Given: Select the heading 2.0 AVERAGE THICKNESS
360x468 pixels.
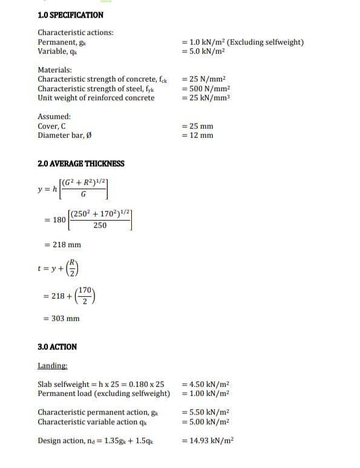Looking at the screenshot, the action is [80, 163].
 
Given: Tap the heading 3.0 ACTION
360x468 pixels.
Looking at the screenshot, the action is [57, 347].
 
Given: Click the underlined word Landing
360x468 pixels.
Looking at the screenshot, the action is [53, 366].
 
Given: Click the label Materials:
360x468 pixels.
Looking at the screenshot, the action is [54, 70].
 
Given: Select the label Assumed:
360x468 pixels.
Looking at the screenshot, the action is [54, 117].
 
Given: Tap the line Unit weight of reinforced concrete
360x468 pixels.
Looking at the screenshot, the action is [96, 98].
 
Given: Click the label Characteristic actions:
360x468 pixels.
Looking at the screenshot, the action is [75, 33].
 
